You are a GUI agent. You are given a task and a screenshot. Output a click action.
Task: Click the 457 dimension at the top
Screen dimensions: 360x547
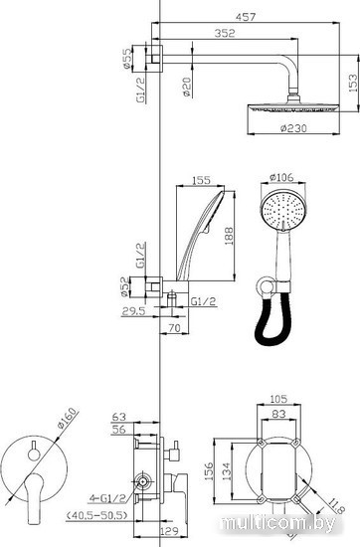pyautogui.click(x=246, y=16)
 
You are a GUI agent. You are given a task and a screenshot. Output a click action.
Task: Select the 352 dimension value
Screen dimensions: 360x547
pyautogui.click(x=225, y=33)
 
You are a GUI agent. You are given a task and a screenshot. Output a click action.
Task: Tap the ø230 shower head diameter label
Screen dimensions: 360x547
pyautogui.click(x=293, y=128)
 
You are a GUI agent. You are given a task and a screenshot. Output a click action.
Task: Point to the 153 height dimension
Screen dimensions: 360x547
pyautogui.click(x=353, y=83)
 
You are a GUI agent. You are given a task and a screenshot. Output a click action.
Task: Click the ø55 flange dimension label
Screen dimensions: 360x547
pyautogui.click(x=128, y=58)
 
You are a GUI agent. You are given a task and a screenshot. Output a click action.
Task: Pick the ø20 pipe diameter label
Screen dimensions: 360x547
pyautogui.click(x=187, y=87)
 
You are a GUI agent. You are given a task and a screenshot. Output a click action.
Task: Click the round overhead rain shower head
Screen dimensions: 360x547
pyautogui.click(x=293, y=107)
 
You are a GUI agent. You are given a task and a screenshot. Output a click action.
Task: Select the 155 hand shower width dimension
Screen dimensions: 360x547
pyautogui.click(x=201, y=180)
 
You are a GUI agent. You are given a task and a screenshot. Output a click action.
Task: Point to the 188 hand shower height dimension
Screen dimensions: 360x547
pyautogui.click(x=229, y=236)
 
